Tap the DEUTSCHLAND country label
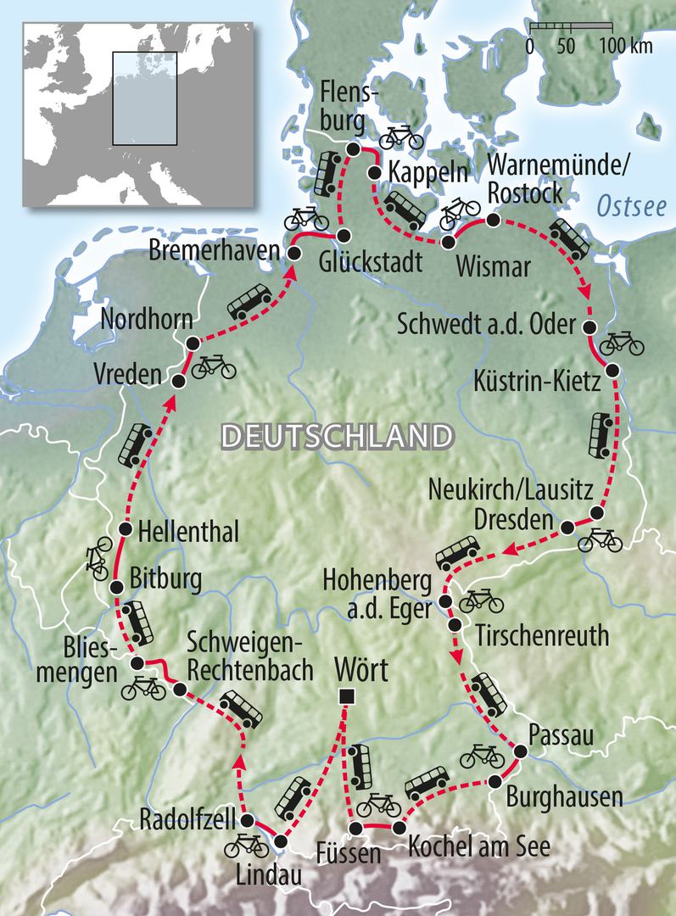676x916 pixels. (334, 437)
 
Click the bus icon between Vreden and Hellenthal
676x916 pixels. (135, 446)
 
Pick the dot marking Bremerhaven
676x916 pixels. (294, 253)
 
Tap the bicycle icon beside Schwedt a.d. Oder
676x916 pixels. (621, 343)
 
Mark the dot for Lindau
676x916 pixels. (280, 841)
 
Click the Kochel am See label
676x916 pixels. (478, 846)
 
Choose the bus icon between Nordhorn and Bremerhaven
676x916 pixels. (250, 301)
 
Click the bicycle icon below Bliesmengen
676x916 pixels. (143, 688)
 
